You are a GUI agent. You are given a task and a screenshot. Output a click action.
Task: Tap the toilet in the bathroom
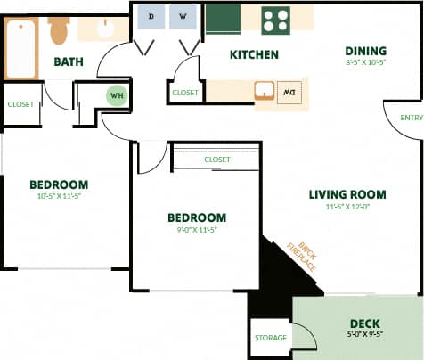59,29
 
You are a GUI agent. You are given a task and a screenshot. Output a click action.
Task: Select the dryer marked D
151,17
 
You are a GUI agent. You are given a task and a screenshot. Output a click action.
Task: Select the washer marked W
183,17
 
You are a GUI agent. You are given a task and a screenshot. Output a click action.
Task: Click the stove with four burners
276,20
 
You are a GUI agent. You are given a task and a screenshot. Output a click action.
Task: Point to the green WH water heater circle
117,94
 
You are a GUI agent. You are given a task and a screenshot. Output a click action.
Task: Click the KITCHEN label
254,55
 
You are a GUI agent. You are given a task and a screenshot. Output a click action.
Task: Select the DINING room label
366,50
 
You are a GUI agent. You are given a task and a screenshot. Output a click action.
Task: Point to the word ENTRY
412,118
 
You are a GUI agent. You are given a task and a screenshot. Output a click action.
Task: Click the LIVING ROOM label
347,194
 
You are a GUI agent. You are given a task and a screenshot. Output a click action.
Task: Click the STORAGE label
270,338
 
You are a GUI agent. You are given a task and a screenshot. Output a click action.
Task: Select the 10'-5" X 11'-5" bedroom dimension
59,196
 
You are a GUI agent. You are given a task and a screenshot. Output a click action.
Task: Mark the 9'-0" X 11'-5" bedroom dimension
196,229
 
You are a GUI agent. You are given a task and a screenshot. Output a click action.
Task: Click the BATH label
69,61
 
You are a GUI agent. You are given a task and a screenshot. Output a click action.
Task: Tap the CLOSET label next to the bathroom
20,104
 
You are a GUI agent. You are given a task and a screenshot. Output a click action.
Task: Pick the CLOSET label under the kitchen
185,93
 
